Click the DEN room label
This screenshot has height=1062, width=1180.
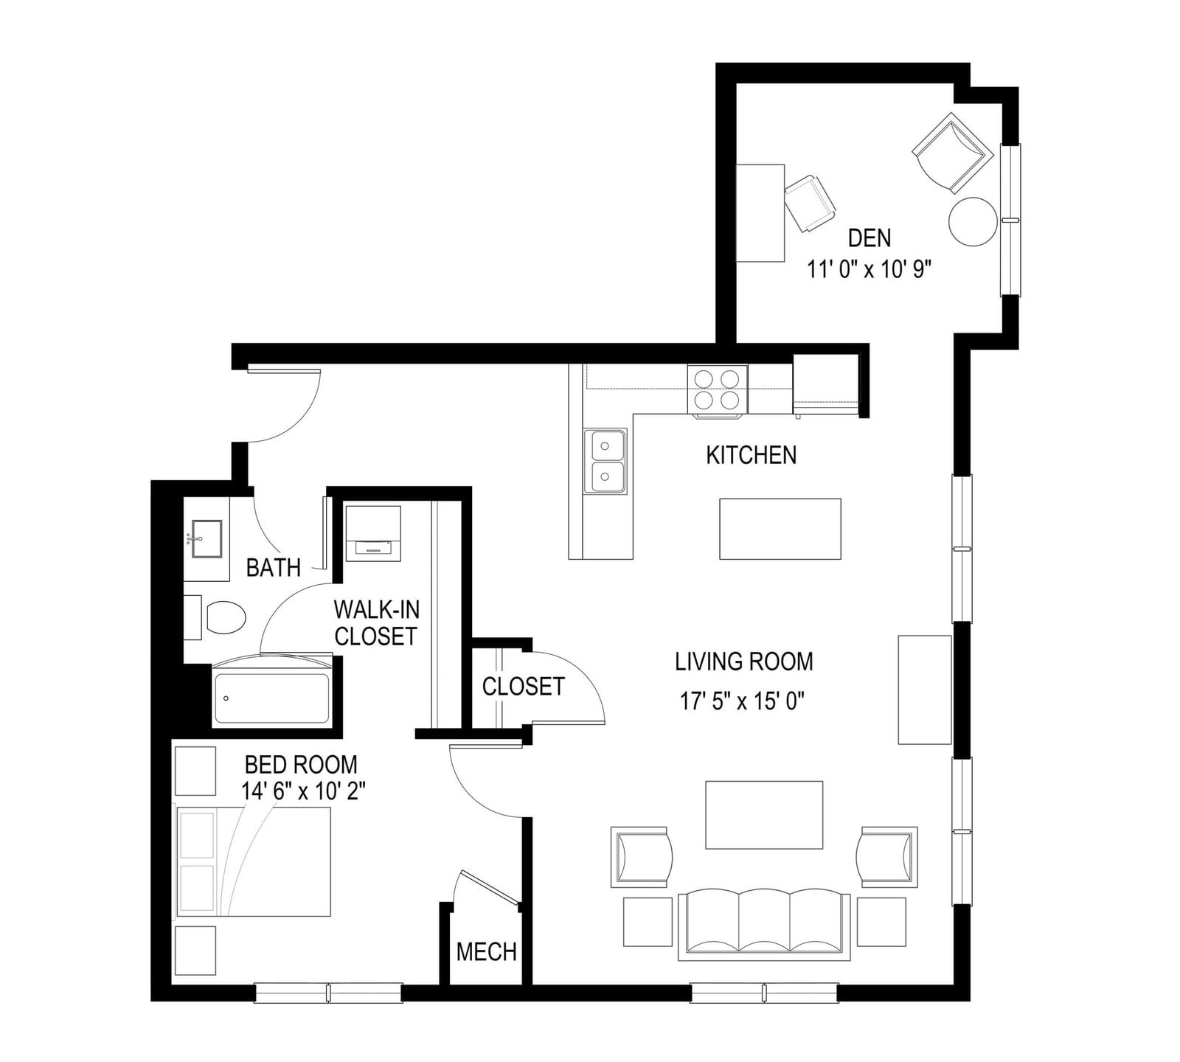click(870, 238)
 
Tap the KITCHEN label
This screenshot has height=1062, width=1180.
click(752, 455)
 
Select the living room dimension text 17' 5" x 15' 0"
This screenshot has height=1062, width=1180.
click(742, 701)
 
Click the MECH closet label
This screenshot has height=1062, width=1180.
click(486, 951)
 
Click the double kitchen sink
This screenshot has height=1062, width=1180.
click(605, 462)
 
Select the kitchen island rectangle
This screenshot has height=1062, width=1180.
click(780, 529)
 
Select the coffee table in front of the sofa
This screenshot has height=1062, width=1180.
click(764, 815)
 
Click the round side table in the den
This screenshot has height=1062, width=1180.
click(973, 221)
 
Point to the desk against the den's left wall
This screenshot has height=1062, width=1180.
click(760, 212)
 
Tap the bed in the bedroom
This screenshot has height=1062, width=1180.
click(253, 861)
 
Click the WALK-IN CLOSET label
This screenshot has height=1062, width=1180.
click(376, 622)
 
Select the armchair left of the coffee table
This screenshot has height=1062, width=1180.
click(642, 857)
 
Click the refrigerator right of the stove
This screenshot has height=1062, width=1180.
click(826, 384)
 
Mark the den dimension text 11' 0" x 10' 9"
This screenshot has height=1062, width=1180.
click(870, 270)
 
